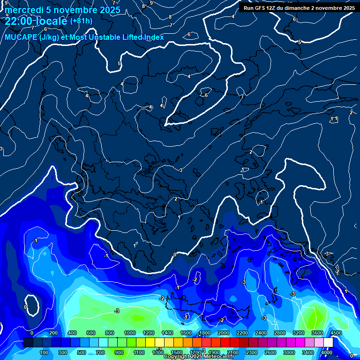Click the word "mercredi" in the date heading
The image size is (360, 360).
(22, 10)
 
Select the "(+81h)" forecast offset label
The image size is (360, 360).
(81, 21)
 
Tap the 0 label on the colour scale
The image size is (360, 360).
(31, 333)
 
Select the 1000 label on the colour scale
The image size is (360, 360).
(129, 333)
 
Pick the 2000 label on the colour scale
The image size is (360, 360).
(223, 333)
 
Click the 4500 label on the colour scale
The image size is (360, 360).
(336, 333)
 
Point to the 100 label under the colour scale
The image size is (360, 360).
(45, 352)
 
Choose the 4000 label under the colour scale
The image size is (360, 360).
(327, 352)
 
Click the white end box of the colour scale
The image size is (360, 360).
(328, 343)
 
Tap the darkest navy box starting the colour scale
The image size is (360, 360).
(28, 343)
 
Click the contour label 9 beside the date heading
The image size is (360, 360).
(151, 3)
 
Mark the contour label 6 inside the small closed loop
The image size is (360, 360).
(206, 95)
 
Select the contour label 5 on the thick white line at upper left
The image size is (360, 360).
(119, 63)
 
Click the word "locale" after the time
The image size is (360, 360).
(51, 21)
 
